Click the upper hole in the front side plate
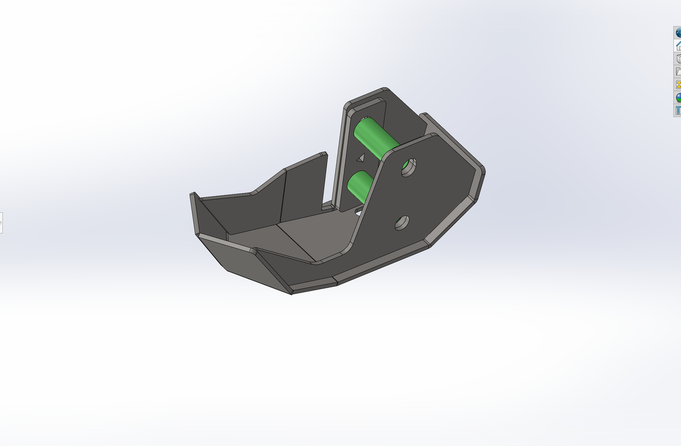point(409,167)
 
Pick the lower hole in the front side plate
point(402,223)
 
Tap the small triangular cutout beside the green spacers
point(361,158)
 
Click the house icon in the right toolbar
point(678,46)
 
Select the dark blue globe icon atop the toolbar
point(678,32)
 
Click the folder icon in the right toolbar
point(678,72)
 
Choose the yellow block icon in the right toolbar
point(678,85)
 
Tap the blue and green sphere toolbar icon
point(678,97)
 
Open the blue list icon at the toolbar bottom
point(678,111)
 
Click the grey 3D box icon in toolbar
point(678,59)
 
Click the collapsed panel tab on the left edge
point(1,222)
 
